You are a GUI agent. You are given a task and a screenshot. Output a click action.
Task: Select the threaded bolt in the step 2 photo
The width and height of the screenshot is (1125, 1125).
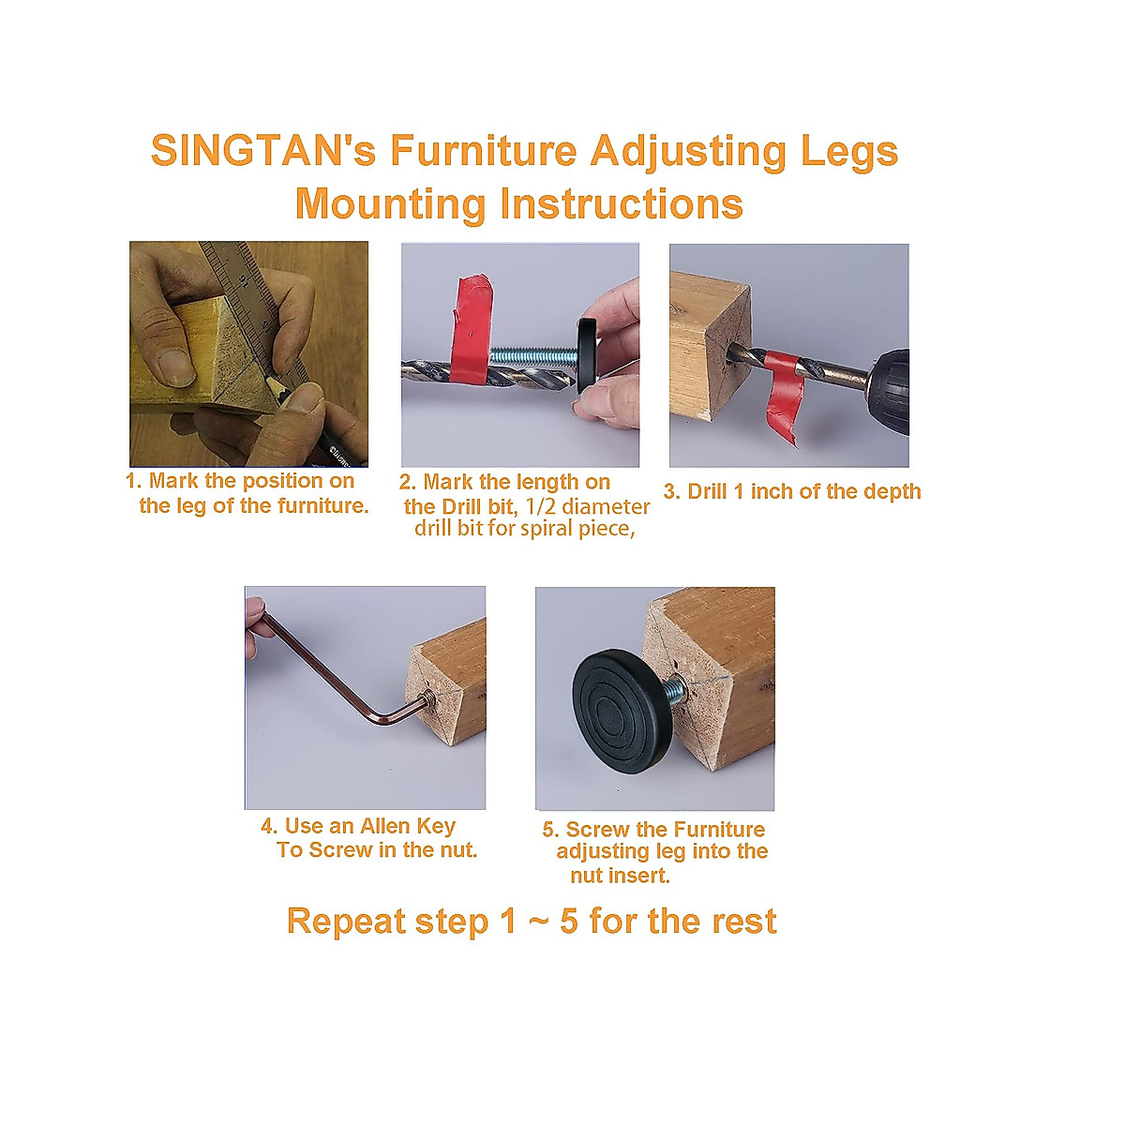531,356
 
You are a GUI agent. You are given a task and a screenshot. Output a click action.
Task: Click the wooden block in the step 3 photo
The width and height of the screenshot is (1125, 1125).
708,347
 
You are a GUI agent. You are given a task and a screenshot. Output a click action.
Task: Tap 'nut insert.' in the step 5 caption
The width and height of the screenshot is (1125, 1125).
620,877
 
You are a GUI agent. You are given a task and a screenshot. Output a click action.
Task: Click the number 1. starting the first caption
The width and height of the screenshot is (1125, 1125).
134,482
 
